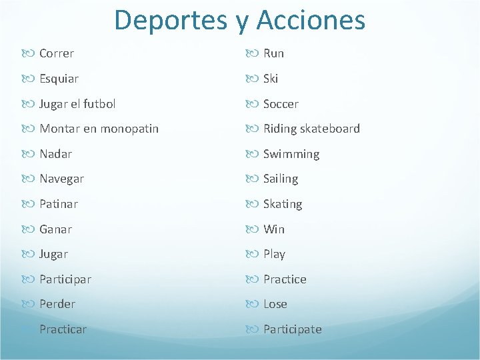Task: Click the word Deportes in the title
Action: click(170, 20)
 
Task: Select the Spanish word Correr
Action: click(57, 53)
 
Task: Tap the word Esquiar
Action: click(59, 79)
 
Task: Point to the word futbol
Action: click(99, 103)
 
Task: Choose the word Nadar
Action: click(55, 154)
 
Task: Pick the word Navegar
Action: click(61, 179)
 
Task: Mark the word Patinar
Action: click(59, 204)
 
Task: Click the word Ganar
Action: click(55, 229)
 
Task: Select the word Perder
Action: click(57, 304)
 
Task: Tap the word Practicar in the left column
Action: click(63, 329)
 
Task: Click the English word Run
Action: click(273, 53)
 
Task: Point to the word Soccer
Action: click(281, 104)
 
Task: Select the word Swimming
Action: click(291, 154)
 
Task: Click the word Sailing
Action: click(281, 179)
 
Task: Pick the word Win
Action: click(274, 229)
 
